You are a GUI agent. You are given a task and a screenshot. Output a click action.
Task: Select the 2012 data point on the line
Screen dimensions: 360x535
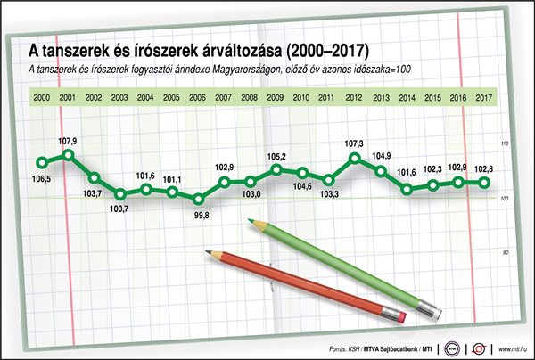point(355,159)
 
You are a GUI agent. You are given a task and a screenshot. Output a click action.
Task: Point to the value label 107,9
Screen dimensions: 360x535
point(68,141)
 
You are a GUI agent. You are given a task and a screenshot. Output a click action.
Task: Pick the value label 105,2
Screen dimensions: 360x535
point(276,155)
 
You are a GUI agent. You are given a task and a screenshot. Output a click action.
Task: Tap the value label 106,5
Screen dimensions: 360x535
point(42,178)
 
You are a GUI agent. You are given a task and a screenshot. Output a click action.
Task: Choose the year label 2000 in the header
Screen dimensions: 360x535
point(41,96)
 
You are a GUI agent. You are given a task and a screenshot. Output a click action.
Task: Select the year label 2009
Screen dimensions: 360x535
point(276,96)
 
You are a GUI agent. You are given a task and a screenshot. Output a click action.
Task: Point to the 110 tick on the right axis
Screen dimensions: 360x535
point(505,144)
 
